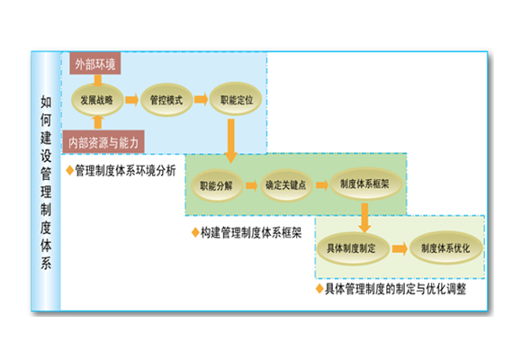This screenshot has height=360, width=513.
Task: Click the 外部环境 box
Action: pyautogui.click(x=95, y=64)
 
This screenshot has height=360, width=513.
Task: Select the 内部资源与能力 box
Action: pyautogui.click(x=103, y=141)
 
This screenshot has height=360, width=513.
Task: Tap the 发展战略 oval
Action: pyautogui.click(x=97, y=100)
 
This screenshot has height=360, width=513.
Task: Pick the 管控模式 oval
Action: pyautogui.click(x=166, y=100)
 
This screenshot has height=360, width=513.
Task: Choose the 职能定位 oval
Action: pyautogui.click(x=236, y=99)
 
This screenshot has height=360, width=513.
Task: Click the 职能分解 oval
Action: pyautogui.click(x=217, y=185)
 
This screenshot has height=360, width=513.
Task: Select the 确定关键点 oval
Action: pyautogui.click(x=286, y=184)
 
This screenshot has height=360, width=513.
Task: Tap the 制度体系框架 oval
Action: pyautogui.click(x=364, y=184)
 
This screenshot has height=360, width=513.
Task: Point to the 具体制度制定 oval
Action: pyautogui.click(x=352, y=248)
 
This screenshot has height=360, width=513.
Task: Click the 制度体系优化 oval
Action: pyautogui.click(x=445, y=247)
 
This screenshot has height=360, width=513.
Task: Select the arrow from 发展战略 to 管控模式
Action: pyautogui.click(x=131, y=100)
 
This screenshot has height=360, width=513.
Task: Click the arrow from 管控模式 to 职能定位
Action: pyautogui.click(x=201, y=99)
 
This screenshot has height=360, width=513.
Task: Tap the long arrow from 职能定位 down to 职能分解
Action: pyautogui.click(x=231, y=141)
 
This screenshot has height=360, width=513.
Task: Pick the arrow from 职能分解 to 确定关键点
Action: pyautogui.click(x=252, y=185)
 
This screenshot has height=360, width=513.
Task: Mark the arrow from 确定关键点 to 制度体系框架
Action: pyautogui.click(x=322, y=184)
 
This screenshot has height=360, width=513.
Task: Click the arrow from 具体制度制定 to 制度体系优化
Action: pyautogui.click(x=400, y=248)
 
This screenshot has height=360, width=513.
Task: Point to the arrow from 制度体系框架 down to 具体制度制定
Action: pyautogui.click(x=364, y=218)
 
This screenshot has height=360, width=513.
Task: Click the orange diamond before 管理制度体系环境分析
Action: pyautogui.click(x=69, y=170)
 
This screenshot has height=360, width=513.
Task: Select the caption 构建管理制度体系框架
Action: pyautogui.click(x=251, y=233)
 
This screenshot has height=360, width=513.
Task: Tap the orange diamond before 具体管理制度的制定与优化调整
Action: pyautogui.click(x=319, y=289)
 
